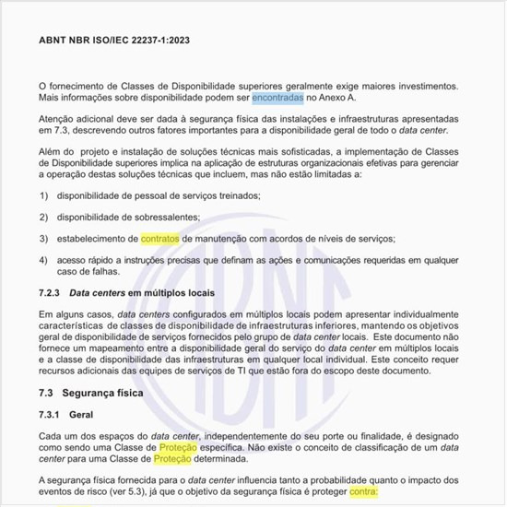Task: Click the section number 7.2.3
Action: [53, 292]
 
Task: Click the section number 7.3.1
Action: [53, 413]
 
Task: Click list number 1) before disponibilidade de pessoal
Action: [44, 195]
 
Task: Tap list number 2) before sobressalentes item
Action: [44, 217]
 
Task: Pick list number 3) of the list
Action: [44, 238]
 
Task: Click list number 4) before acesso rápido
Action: [44, 259]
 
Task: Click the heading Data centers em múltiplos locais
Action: [150, 292]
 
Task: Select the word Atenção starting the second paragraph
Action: [60, 119]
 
